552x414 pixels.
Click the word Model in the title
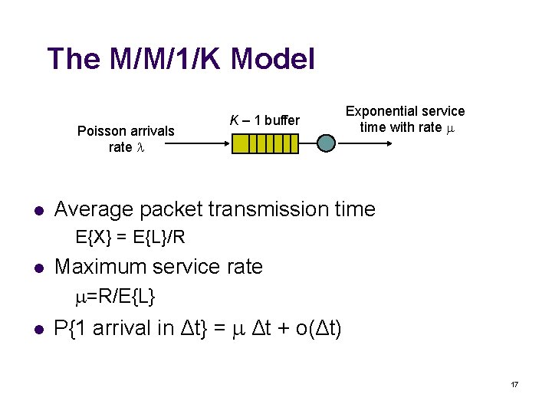[272, 59]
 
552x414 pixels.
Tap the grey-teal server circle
[327, 143]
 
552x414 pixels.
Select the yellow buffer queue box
[264, 143]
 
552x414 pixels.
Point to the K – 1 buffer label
[265, 120]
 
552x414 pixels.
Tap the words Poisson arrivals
[126, 131]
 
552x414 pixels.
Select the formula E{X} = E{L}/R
[130, 237]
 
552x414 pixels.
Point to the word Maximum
[100, 267]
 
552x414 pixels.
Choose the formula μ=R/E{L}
[117, 295]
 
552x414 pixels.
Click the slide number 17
[514, 383]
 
